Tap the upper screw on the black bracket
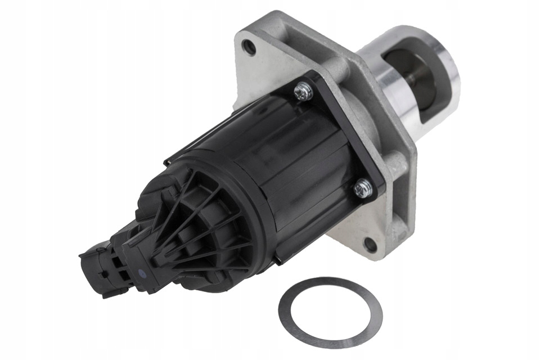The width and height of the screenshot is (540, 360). click(x=304, y=90)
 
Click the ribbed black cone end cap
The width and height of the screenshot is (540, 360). click(x=186, y=236)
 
